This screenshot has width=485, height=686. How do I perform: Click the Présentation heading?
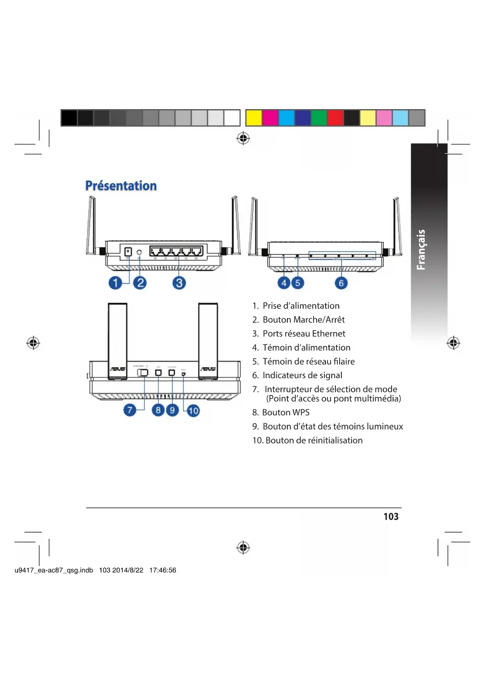pos(121,186)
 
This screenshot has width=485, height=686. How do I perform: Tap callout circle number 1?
pos(115,283)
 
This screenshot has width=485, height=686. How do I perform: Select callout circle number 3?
pos(179,283)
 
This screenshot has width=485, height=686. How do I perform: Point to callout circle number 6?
pos(341,283)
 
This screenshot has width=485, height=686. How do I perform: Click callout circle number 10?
pos(193,411)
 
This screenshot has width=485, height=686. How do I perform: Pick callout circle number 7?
pos(130,410)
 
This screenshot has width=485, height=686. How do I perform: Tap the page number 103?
pos(391,517)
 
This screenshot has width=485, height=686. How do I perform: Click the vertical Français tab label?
pos(421,250)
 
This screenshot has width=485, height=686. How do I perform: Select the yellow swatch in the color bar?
pos(254,118)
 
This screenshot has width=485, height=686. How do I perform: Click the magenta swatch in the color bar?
pos(270,118)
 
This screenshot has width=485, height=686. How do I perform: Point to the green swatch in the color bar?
pos(319,118)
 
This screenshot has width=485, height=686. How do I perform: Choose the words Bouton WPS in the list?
pos(286,413)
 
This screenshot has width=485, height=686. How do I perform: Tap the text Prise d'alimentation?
pos(301,306)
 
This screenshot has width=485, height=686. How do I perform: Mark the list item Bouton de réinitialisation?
pos(314,440)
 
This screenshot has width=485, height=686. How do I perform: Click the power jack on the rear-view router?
pos(128,252)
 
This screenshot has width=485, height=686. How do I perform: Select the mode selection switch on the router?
pos(143,372)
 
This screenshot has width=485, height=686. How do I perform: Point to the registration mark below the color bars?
pos(243,138)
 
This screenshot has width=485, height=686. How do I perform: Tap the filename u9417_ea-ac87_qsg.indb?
pos(54,570)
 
